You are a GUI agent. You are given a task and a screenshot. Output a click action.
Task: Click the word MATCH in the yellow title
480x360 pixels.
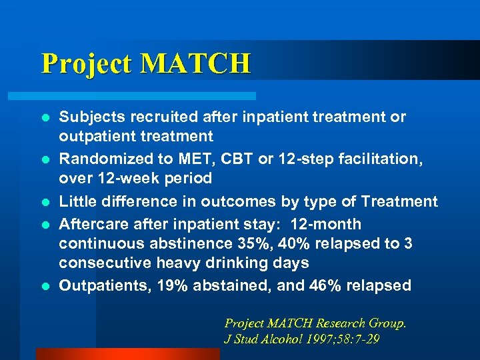click(196, 63)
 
